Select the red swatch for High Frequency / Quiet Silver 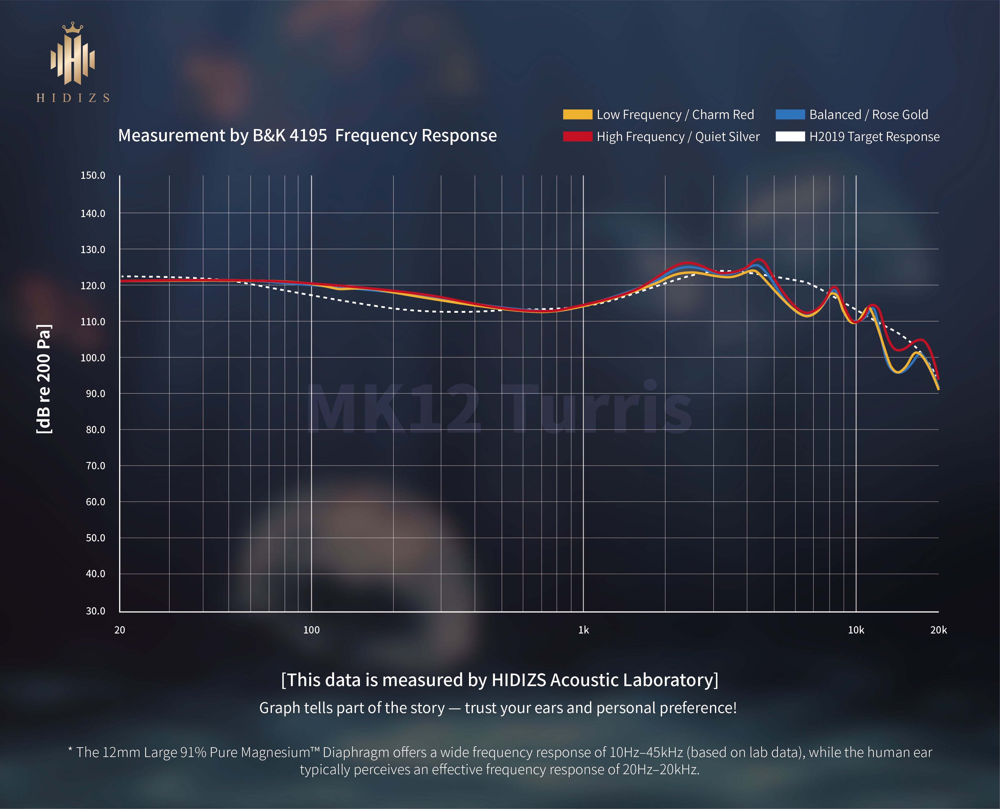tap(577, 137)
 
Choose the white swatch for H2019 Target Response tap(790, 137)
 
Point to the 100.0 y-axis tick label tap(93, 358)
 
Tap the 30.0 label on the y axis tap(96, 611)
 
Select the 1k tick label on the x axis tap(583, 630)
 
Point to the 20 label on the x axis tap(120, 630)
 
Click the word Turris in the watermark tap(601, 408)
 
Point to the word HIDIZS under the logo tap(73, 98)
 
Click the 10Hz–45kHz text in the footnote tap(646, 752)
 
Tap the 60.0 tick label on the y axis tap(96, 502)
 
